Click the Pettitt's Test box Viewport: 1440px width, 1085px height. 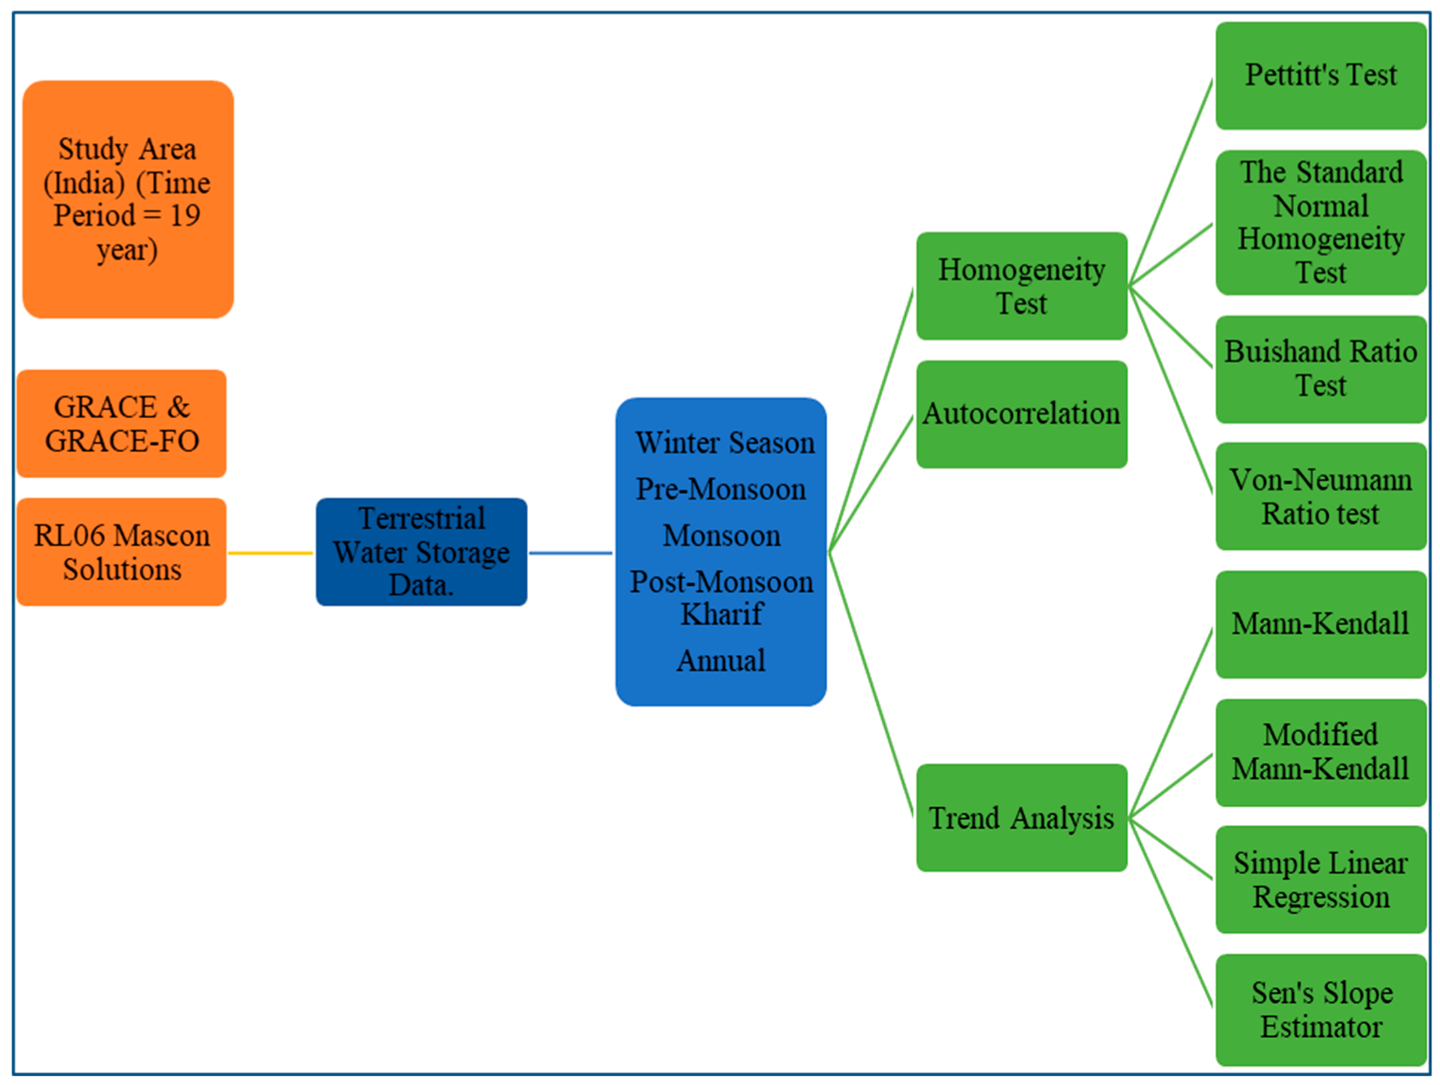point(1320,75)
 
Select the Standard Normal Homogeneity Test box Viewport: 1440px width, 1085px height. point(1320,222)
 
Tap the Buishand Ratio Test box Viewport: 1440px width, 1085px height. point(1320,369)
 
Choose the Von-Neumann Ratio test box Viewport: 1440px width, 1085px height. point(1320,496)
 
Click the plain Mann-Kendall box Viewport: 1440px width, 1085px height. point(1320,624)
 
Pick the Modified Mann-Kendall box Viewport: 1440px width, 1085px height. point(1320,752)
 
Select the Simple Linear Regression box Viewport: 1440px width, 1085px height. point(1320,880)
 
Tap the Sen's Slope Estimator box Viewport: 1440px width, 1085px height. point(1320,1009)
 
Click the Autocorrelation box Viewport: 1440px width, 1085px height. point(1021,414)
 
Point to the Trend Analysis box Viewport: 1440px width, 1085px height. point(1021,817)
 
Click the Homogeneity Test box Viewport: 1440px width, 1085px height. point(1021,286)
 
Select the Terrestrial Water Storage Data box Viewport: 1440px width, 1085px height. point(421,552)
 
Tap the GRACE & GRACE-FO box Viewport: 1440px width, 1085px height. point(122,424)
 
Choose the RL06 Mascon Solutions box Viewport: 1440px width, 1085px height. point(122,552)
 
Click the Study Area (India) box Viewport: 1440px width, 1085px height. point(128,199)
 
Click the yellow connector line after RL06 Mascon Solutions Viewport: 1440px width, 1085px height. point(271,553)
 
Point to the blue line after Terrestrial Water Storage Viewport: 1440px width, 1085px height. point(571,553)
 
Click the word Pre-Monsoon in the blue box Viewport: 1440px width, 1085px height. point(720,490)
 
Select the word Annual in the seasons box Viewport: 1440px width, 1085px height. point(720,660)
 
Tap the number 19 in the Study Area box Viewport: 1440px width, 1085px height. point(185,215)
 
